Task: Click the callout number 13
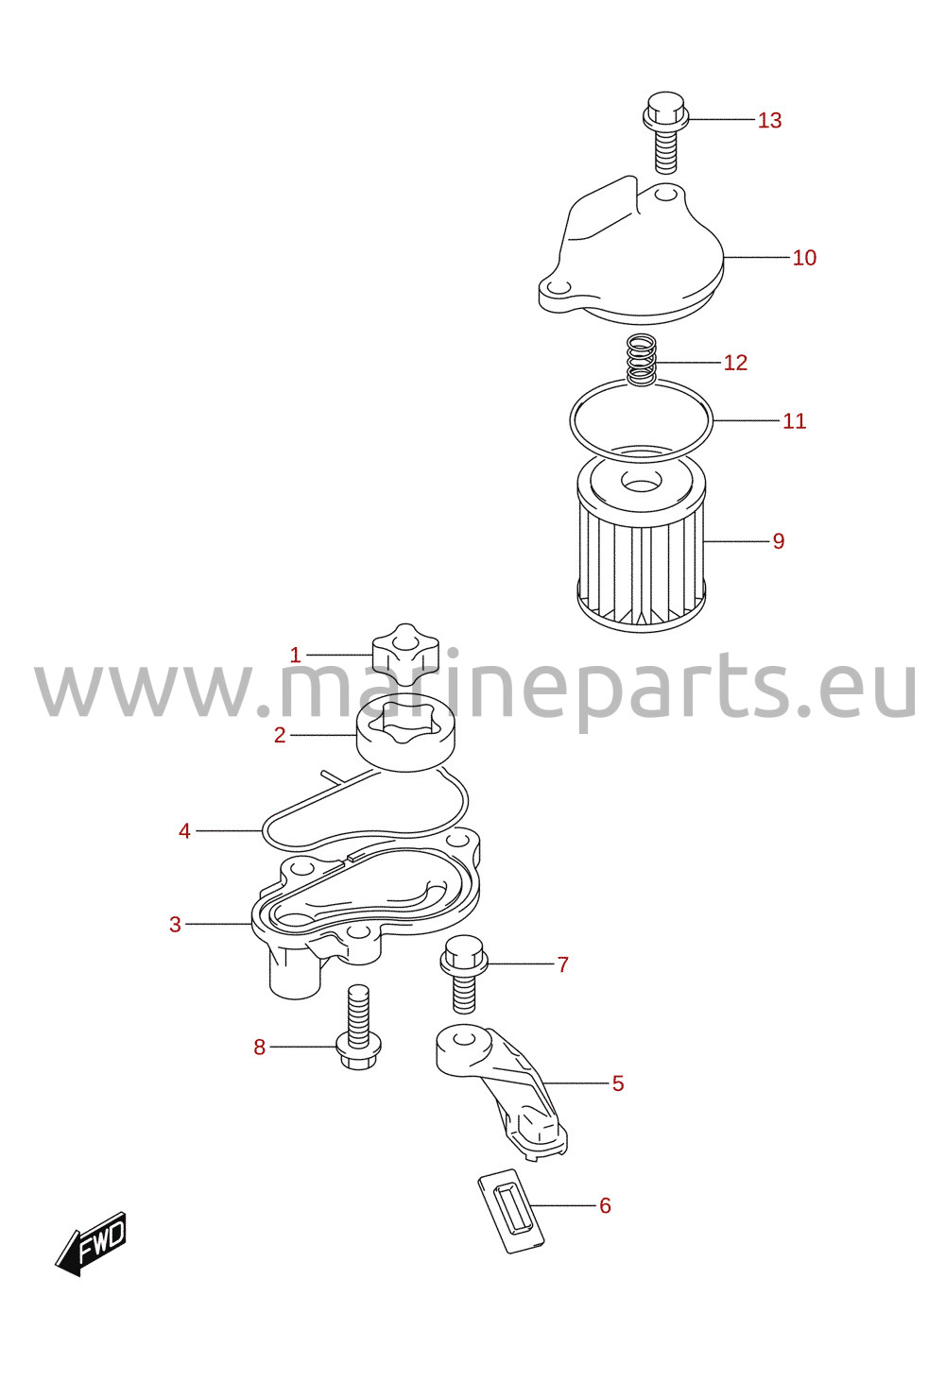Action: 769,120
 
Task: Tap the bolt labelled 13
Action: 666,132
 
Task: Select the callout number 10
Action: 804,257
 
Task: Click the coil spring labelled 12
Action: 641,361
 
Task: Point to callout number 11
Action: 794,421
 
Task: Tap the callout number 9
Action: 779,541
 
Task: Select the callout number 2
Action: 280,735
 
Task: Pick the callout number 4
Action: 184,831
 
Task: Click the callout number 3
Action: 175,924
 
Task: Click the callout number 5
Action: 618,1083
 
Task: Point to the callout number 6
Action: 605,1205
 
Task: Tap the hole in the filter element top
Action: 641,480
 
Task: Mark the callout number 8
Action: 259,1047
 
